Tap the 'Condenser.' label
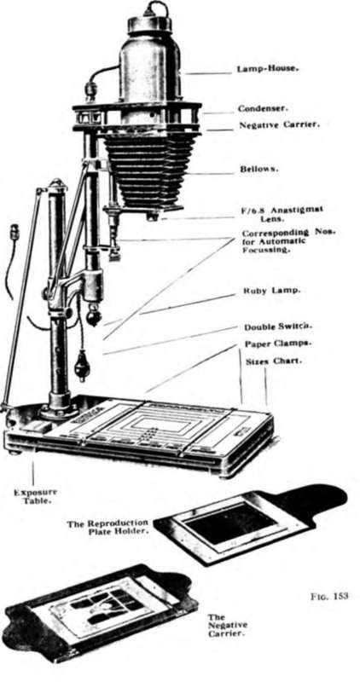263,108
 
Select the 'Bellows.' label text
259,169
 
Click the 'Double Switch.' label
273,327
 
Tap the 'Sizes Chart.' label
273,361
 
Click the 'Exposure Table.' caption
35,496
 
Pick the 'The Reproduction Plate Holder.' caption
107,527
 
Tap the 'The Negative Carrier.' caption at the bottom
227,625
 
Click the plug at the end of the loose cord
15,231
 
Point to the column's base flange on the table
59,410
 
